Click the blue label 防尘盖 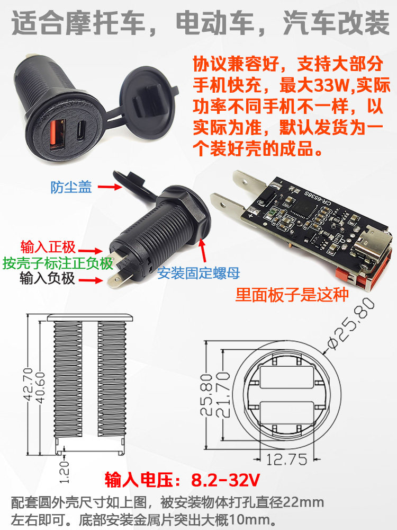point(71,187)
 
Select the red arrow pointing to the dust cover point(109,186)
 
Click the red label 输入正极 point(48,247)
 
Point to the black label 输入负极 point(47,279)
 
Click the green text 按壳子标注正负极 point(58,263)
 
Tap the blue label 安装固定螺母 point(199,273)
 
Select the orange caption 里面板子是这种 point(292,295)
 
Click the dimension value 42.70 point(29,384)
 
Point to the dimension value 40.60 point(40,388)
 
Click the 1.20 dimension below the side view point(64,472)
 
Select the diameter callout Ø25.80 point(351,324)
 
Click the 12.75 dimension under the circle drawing point(286,460)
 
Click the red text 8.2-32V point(225,480)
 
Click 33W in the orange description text point(332,85)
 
